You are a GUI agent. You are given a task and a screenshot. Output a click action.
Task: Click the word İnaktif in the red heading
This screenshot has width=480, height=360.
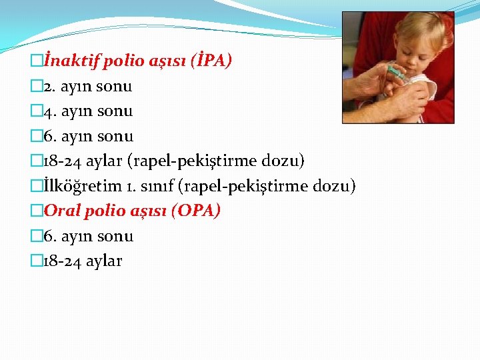[x=69, y=62]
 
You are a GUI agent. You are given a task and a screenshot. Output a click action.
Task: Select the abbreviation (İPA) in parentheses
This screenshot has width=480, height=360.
[x=211, y=61]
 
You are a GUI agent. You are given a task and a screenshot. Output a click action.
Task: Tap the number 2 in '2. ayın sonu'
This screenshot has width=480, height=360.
[x=46, y=87]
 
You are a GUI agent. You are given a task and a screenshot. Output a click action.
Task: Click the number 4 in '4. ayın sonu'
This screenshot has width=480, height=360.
[x=46, y=111]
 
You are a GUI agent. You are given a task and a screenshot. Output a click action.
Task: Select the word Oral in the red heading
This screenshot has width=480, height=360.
[x=62, y=211]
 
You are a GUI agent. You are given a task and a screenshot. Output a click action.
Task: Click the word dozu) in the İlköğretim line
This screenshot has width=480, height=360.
[x=337, y=186]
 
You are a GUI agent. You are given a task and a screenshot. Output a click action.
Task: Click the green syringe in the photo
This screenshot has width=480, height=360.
[x=396, y=71]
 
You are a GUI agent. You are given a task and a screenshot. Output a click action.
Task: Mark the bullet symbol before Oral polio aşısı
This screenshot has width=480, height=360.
[x=36, y=211]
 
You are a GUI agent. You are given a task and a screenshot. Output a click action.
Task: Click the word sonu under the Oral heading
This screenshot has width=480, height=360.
[x=115, y=236]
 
